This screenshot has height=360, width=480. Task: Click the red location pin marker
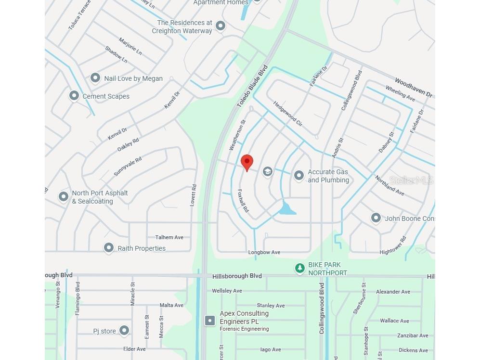(247, 162)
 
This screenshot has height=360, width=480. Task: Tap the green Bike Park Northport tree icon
(300, 268)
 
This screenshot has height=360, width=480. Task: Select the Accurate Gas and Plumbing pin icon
(299, 175)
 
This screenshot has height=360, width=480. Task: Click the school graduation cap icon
(268, 171)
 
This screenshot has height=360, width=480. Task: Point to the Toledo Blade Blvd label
(252, 87)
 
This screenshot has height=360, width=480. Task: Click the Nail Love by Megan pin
(95, 78)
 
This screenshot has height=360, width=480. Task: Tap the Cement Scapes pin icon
(74, 96)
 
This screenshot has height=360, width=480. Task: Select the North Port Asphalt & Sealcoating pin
(64, 196)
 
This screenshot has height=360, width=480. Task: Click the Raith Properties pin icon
(109, 248)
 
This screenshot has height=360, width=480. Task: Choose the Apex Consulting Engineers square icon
(210, 321)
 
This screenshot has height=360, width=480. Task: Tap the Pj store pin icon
(124, 330)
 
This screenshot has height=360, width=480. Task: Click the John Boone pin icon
(376, 218)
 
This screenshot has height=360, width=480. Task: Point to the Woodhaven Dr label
(414, 88)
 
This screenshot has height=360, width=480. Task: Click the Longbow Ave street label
(264, 252)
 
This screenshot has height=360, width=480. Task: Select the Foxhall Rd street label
(243, 201)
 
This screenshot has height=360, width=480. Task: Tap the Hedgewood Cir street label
(287, 114)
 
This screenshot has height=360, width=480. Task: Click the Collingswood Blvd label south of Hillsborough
(322, 309)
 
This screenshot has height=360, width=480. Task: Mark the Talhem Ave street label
(169, 237)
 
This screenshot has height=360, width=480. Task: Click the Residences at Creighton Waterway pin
(221, 26)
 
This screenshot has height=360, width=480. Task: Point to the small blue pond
(287, 209)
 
